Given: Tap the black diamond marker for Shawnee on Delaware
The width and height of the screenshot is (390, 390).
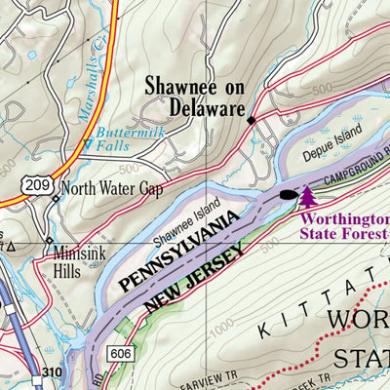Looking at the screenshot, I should point(251,120).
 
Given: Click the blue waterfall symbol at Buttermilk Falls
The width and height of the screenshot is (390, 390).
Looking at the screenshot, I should point(89,146).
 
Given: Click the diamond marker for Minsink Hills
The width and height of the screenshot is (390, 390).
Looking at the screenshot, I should point(49,238).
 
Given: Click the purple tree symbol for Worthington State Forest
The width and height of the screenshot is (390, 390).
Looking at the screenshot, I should point(308,198).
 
